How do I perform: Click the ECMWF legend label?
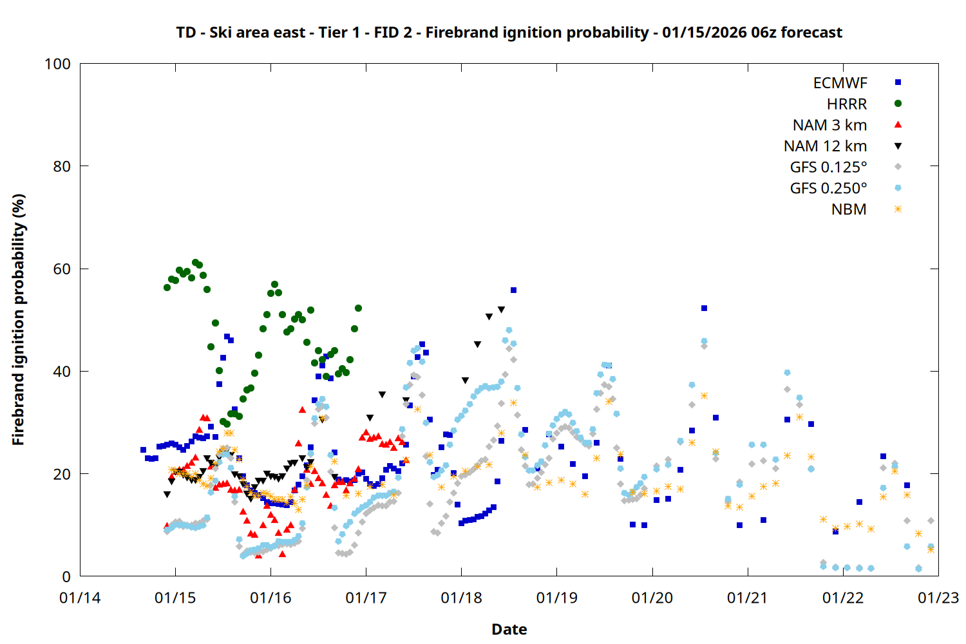tap(840, 83)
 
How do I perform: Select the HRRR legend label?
tap(847, 104)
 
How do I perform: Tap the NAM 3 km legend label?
tap(829, 125)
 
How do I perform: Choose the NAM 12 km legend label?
tap(825, 146)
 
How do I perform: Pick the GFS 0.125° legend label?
tap(828, 167)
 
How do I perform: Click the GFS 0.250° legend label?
tap(828, 189)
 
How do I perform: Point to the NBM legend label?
tap(849, 209)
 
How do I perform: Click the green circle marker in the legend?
tap(898, 104)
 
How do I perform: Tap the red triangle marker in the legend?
tap(898, 124)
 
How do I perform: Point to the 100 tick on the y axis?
tap(57, 64)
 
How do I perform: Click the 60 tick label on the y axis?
tap(62, 269)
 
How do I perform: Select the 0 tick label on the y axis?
tap(66, 577)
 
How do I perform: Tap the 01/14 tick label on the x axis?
tap(80, 598)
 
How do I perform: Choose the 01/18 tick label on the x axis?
tap(461, 598)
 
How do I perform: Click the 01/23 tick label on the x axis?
tap(938, 598)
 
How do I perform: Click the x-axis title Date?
tap(509, 629)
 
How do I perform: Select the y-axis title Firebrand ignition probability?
tap(18, 319)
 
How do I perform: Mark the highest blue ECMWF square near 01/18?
tap(513, 290)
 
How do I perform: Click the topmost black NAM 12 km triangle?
tap(501, 310)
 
